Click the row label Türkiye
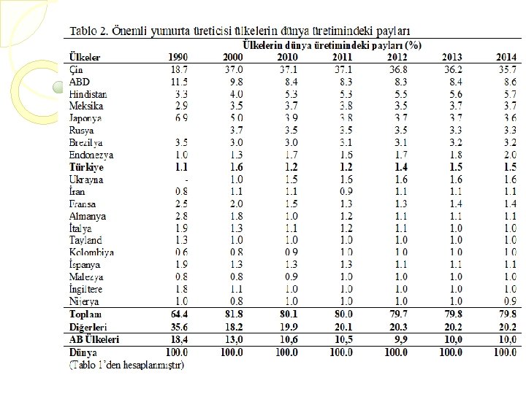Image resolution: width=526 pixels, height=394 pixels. pos(86,167)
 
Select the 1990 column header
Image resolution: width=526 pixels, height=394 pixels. pos(178,57)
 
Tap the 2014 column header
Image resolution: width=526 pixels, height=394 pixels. pos(506,57)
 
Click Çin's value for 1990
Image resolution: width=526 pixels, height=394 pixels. pos(179,69)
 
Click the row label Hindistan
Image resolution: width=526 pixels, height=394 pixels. pos(88,94)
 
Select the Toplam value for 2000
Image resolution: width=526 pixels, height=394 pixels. pos(233,314)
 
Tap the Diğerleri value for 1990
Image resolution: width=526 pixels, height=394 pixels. pos(178,327)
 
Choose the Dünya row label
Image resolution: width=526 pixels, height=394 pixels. pos(82,352)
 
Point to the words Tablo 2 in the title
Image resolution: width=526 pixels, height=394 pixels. pos(88,31)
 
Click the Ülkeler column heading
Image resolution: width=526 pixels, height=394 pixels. pos(85,57)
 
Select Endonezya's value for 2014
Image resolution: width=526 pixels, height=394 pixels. pos(508,155)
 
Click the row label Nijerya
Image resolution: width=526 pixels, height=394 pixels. pos(85,302)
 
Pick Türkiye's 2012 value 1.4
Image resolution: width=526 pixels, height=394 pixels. pos(400,167)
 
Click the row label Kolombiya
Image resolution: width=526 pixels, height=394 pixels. pos(91,252)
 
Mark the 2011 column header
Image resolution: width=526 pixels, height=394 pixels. pos(342,57)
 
